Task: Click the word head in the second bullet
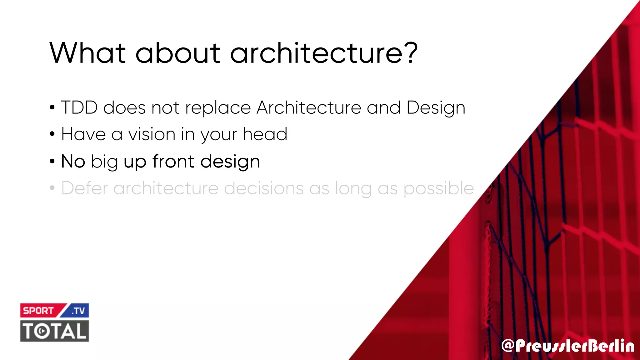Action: point(265,135)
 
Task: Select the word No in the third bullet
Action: point(73,162)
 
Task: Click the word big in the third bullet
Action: point(104,162)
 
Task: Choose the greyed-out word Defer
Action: point(84,188)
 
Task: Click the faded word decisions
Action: point(264,188)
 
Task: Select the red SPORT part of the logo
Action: point(38,311)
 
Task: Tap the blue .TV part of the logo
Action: point(78,311)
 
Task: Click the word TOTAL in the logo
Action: point(55,331)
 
